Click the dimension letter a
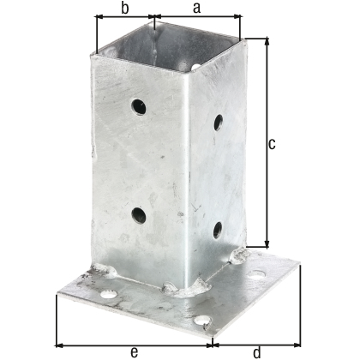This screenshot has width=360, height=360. pyautogui.click(x=196, y=8)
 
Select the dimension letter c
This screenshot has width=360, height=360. pyautogui.click(x=272, y=144)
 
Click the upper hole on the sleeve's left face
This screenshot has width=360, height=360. pyautogui.click(x=138, y=107)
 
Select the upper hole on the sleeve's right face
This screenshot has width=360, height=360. pyautogui.click(x=219, y=122)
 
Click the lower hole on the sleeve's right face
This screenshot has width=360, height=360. pyautogui.click(x=217, y=229)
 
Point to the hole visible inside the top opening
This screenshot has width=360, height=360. pyautogui.click(x=196, y=65)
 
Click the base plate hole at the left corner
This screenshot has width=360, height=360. pyautogui.click(x=109, y=294)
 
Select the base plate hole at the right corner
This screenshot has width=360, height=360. pyautogui.click(x=256, y=273)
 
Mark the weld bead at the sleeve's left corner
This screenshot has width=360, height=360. pyautogui.click(x=107, y=272)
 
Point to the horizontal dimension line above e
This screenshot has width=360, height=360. pyautogui.click(x=129, y=337)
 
